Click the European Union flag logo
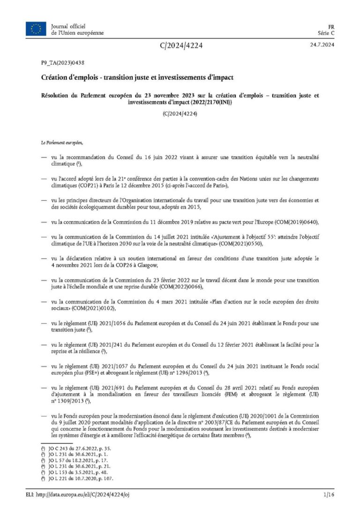click(x=36, y=29)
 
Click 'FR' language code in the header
click(x=330, y=26)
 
